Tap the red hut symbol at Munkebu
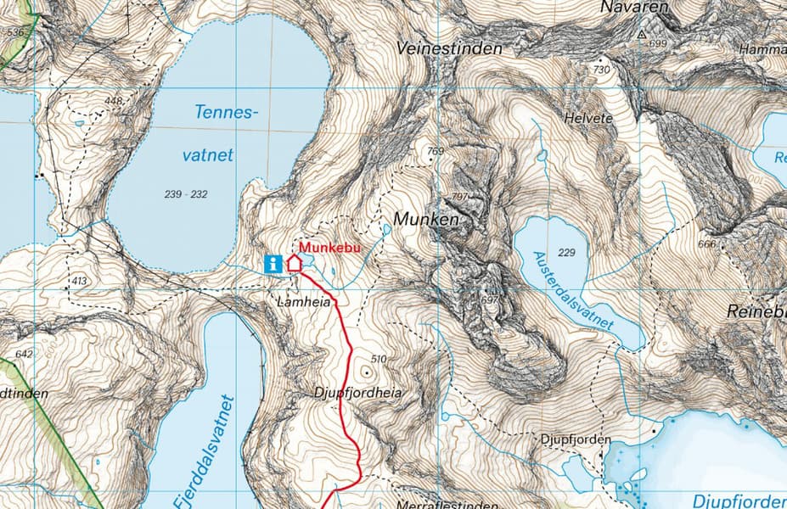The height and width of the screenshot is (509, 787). (x=295, y=262)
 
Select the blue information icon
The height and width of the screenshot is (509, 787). (x=273, y=264)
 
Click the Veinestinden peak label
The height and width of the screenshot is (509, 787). (x=449, y=49)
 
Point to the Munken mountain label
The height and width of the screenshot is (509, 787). (x=425, y=220)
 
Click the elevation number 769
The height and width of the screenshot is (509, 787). (x=436, y=152)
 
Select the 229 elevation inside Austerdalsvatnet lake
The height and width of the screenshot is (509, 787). (x=567, y=253)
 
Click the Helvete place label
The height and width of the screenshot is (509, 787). (x=587, y=119)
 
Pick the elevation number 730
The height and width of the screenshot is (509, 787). (x=602, y=70)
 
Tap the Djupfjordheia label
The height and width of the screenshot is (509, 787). (x=357, y=393)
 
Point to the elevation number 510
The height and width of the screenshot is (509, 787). (x=379, y=359)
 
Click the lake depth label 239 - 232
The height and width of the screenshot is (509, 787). (x=186, y=194)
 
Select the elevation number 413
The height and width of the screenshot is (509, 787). (x=80, y=280)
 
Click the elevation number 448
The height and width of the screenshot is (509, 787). (x=114, y=101)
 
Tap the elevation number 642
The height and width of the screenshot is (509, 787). (x=24, y=354)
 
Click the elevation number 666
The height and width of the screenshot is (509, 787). (x=706, y=244)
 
